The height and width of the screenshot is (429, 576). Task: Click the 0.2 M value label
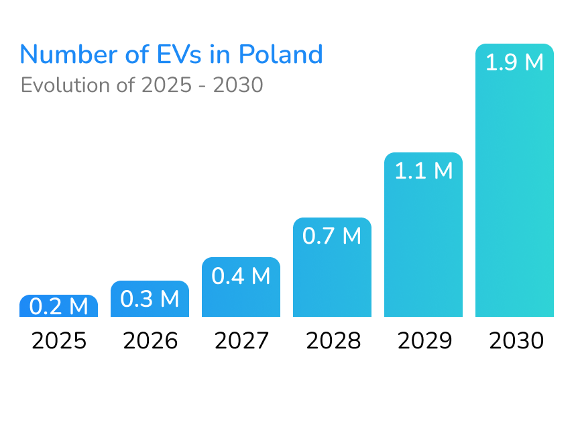click(x=59, y=307)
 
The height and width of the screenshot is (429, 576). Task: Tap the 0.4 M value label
click(x=241, y=276)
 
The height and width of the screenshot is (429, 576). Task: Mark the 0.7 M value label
click(x=332, y=236)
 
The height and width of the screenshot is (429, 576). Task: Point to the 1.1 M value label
click(x=423, y=171)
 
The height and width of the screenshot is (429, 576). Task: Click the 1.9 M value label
click(x=514, y=63)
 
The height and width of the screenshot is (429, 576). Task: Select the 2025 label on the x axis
click(x=59, y=341)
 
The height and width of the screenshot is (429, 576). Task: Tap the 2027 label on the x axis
click(x=241, y=341)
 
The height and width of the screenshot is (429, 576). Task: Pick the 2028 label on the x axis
click(x=333, y=341)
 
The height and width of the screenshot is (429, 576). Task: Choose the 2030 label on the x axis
click(x=515, y=341)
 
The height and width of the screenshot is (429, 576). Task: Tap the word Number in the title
click(x=64, y=54)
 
